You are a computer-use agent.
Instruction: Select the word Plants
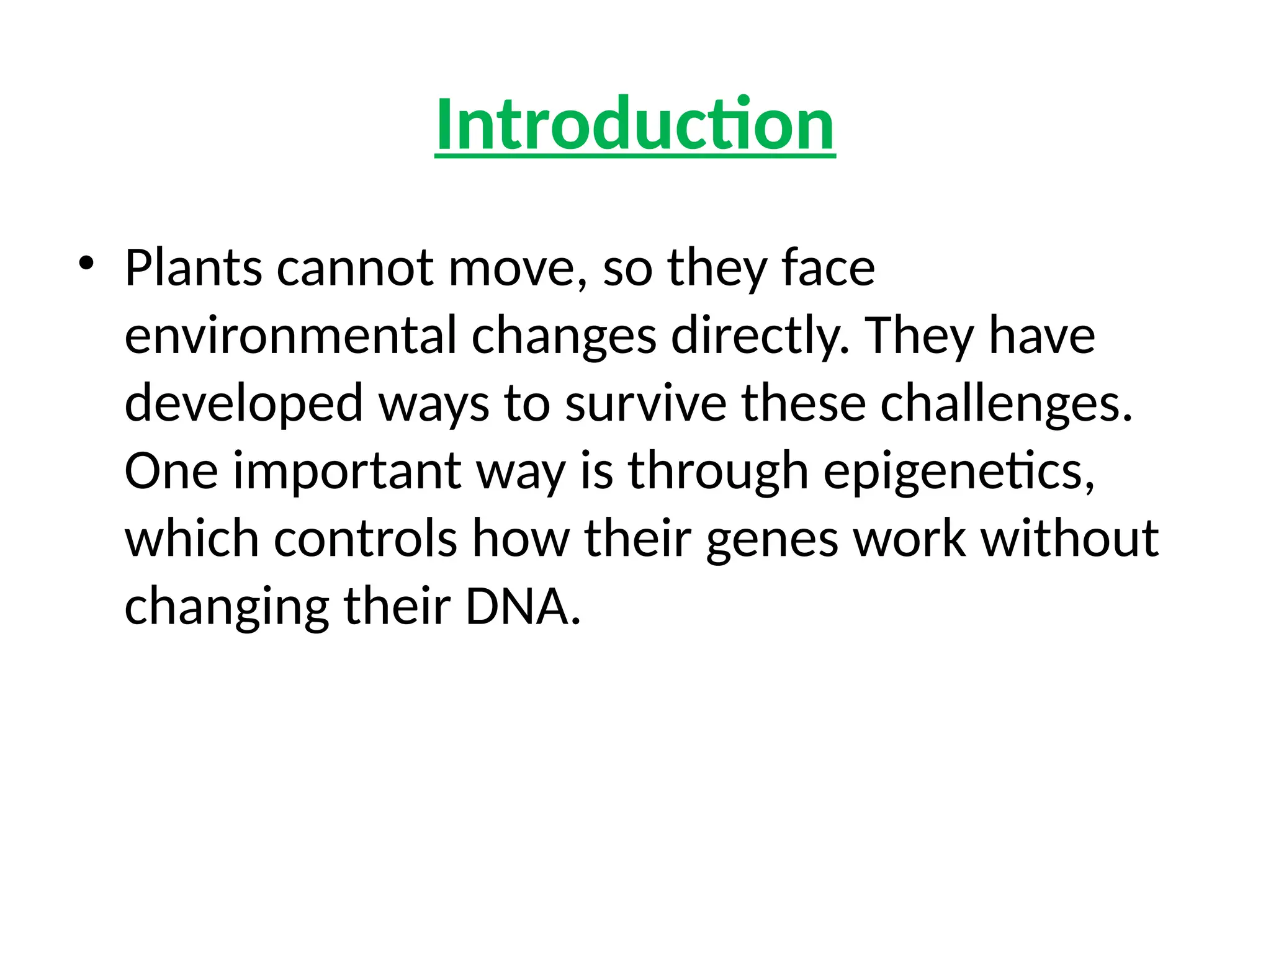(x=193, y=268)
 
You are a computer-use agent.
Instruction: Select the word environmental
(x=290, y=336)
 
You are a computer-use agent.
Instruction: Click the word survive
(x=645, y=403)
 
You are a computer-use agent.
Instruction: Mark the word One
(x=171, y=471)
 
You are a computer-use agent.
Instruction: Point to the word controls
(x=366, y=539)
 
